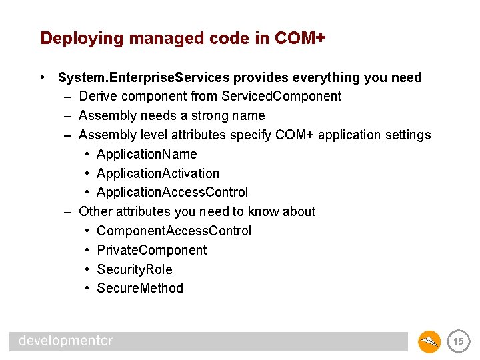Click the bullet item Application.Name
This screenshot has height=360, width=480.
147,154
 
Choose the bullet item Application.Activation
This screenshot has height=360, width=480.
157,173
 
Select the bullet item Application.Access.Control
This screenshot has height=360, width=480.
172,193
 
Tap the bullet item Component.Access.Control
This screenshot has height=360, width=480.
174,231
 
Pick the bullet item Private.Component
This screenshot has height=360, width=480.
151,250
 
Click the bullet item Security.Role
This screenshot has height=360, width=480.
134,269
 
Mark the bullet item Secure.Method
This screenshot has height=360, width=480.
140,288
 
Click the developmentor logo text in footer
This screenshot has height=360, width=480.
66,341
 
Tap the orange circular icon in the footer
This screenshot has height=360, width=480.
429,341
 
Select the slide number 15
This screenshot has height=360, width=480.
458,341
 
